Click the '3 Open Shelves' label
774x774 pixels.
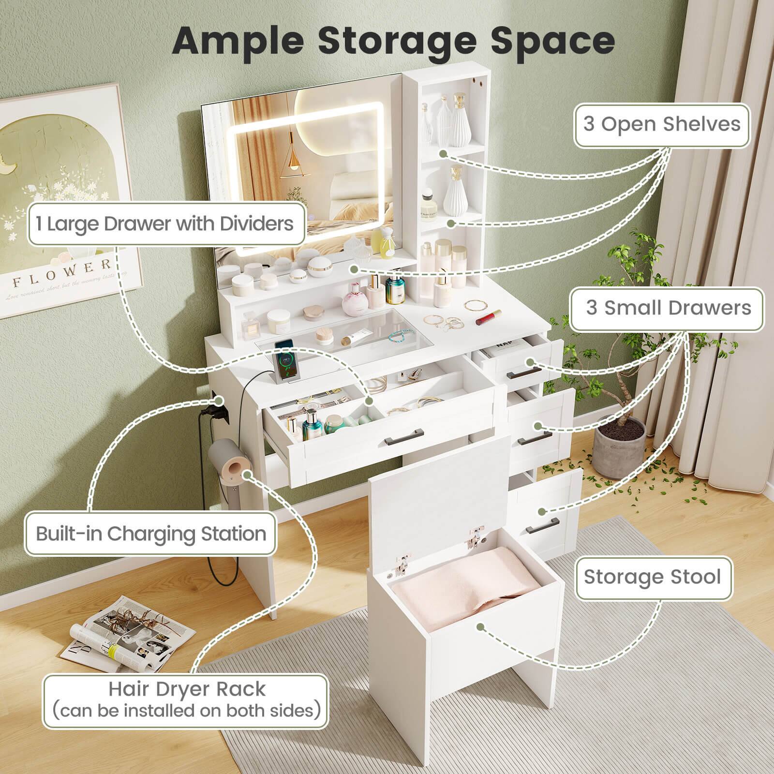[x=662, y=124]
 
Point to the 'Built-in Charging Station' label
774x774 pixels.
[x=151, y=534]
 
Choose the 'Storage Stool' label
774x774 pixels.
[x=652, y=577]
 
